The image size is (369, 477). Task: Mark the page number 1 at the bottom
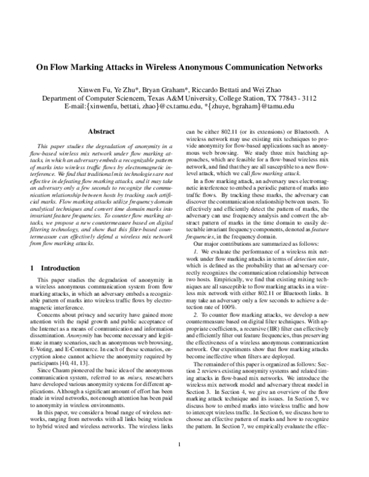(x=178, y=462)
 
